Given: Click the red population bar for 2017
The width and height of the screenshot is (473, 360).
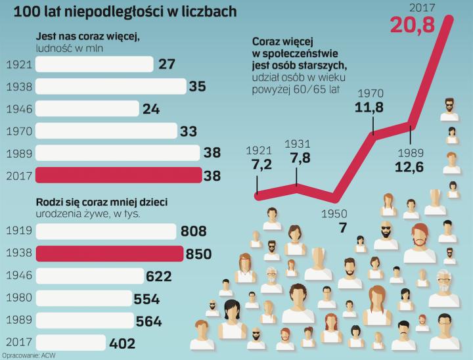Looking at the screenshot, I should (x=118, y=175).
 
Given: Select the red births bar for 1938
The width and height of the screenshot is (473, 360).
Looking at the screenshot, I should (x=109, y=254).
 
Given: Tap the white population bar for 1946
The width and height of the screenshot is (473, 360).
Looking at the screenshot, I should (x=87, y=108).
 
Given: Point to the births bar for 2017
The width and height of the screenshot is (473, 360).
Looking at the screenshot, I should (x=70, y=343).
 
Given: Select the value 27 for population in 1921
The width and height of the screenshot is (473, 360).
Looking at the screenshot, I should (x=166, y=64).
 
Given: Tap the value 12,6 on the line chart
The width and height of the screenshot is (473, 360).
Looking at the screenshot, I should (x=411, y=168).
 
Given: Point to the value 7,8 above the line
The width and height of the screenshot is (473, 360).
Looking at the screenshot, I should (x=298, y=159).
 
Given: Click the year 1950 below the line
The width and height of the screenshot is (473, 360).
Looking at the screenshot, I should (x=334, y=214).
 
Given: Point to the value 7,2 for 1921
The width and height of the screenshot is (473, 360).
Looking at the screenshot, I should (x=258, y=164).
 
